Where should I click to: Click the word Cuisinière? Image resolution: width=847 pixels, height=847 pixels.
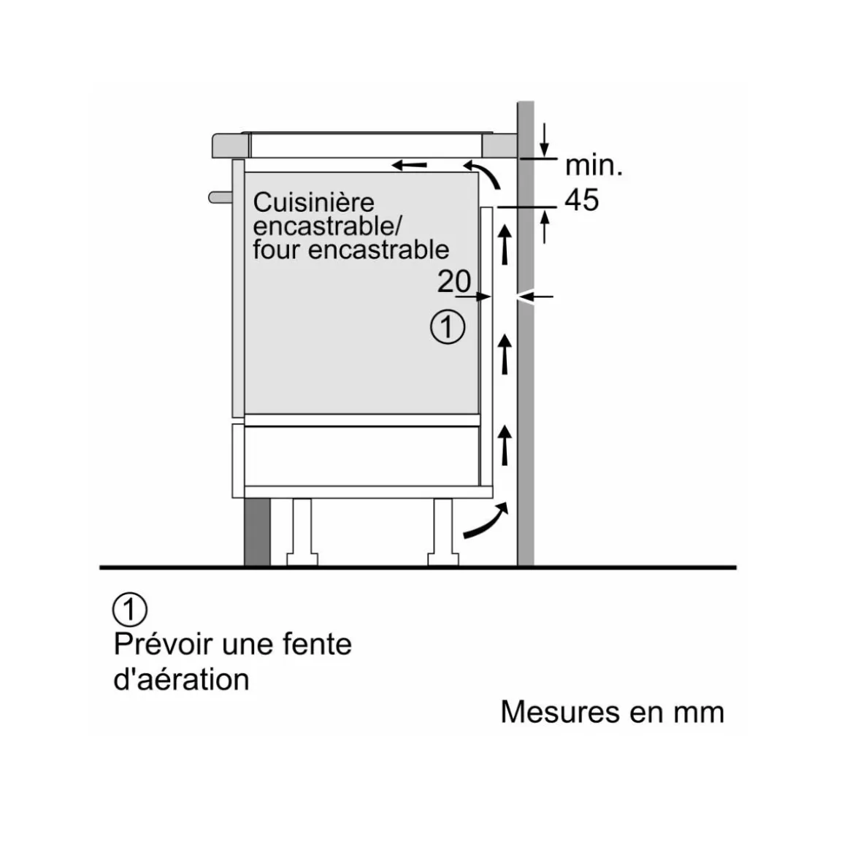[313, 202]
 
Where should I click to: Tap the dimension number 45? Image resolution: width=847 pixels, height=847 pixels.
[582, 200]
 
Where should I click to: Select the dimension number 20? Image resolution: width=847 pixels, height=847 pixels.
[453, 281]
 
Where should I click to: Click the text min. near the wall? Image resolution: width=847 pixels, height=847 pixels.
[594, 165]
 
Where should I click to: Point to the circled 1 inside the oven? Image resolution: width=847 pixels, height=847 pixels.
[448, 327]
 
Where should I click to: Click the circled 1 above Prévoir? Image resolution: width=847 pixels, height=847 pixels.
[130, 609]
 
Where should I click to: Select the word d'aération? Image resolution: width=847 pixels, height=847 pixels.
[182, 679]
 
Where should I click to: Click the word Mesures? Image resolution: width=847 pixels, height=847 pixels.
[559, 712]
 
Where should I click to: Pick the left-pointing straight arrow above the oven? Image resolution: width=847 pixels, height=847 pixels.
[409, 165]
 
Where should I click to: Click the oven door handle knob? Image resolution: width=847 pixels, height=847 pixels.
[221, 198]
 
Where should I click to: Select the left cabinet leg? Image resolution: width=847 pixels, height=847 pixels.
[302, 532]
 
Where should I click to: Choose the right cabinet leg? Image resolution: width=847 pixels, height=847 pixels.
[443, 532]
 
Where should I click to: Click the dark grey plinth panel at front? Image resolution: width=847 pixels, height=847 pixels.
[257, 532]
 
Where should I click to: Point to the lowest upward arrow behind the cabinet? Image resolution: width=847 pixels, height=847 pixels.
[505, 445]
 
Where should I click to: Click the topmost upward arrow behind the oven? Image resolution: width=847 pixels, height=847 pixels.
[505, 245]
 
